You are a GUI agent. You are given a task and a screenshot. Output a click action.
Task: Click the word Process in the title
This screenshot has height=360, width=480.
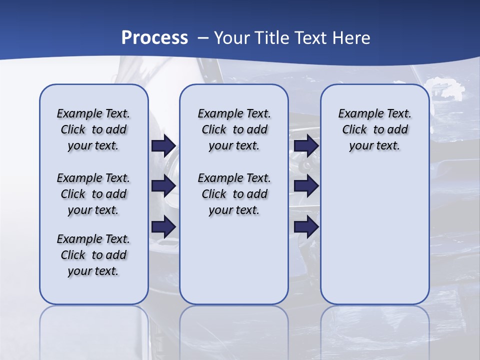pos(154,38)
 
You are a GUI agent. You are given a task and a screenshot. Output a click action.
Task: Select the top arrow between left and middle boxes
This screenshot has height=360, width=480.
pos(163,146)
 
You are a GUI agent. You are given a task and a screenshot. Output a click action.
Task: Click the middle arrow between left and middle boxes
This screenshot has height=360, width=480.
pos(163,186)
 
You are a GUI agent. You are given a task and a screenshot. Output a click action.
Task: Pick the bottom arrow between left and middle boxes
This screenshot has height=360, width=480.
pos(163,227)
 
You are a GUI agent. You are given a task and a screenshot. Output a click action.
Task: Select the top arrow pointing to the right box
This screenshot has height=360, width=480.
pos(306,146)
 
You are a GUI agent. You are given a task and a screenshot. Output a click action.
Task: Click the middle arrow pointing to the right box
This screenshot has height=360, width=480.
pos(306,186)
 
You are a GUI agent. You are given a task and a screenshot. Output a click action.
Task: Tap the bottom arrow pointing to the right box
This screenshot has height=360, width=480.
pos(306,227)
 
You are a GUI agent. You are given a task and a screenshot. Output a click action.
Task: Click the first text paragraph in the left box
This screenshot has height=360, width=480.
pos(93,129)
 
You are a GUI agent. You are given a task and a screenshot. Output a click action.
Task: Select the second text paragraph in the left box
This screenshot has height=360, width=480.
pos(93,194)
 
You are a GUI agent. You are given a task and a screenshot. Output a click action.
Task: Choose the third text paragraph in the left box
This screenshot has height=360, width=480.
pos(93,255)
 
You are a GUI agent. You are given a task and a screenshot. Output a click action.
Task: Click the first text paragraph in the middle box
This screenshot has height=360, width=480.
pos(234,129)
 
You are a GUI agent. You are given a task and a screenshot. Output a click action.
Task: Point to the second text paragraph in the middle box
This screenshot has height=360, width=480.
pos(234,194)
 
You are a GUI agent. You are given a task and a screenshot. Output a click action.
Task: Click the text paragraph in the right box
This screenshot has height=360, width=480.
pos(375,129)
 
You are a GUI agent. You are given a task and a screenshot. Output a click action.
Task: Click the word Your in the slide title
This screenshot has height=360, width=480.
pos(231,38)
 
